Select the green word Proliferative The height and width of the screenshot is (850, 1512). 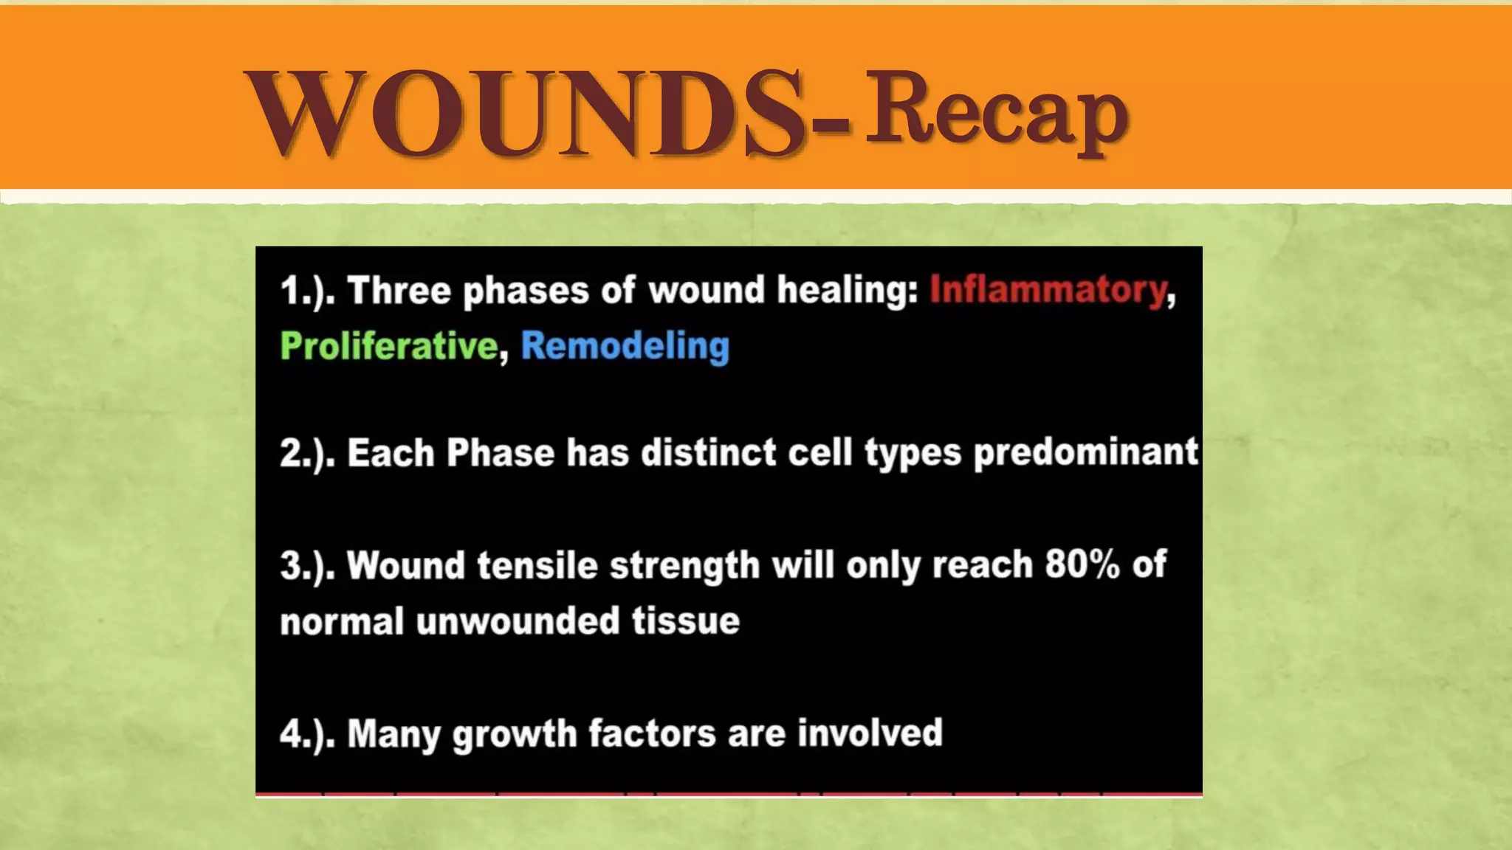pos(389,346)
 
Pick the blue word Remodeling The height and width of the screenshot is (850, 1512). pos(625,346)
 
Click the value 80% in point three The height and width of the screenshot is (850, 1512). pos(1082,565)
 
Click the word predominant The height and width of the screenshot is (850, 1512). pos(1085,453)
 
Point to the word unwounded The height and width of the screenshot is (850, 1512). pos(518,621)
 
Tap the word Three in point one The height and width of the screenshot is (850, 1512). pos(399,290)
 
